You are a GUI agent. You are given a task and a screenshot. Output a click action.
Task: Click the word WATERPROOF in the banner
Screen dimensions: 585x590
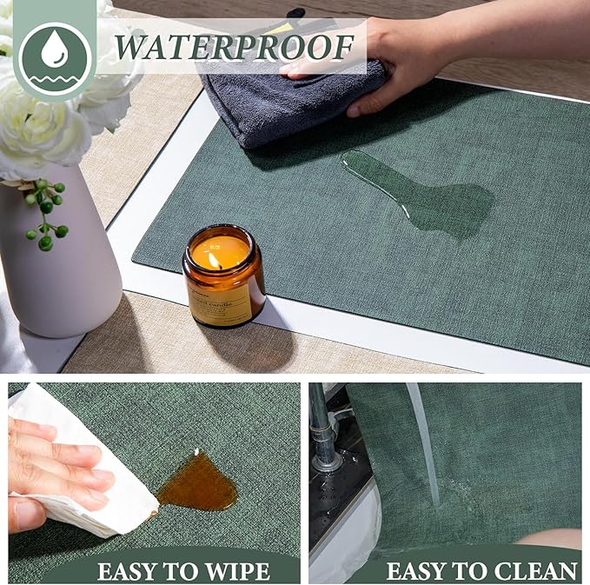(234, 45)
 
